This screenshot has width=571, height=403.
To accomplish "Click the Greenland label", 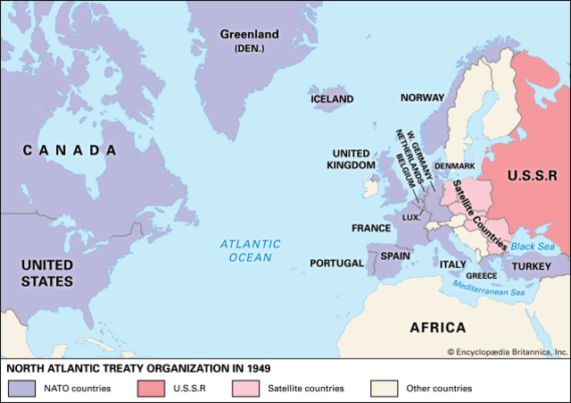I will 249,35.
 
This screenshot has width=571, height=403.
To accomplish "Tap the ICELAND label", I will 332,99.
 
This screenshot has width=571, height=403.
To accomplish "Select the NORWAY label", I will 422,98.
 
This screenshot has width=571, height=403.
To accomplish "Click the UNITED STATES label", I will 46,273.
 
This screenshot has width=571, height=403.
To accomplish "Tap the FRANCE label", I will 371,228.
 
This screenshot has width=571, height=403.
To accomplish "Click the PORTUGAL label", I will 336,264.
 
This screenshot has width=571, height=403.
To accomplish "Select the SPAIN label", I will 395,256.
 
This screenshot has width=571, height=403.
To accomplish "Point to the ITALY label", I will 451,264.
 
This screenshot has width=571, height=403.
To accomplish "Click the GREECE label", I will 481,276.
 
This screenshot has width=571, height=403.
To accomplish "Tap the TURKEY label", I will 534,266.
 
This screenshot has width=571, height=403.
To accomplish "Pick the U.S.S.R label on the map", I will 532,177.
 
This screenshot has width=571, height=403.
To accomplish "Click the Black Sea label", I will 533,246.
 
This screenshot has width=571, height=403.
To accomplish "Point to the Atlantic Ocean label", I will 250,250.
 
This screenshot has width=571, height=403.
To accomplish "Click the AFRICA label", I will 437,327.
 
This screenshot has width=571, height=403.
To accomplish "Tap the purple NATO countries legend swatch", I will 21,389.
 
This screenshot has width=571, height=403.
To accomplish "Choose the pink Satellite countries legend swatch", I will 245,389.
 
